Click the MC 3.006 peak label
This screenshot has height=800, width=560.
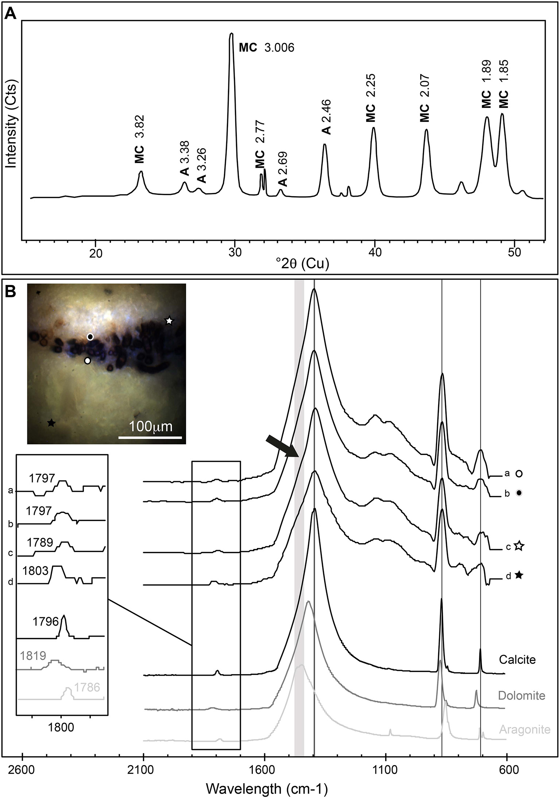click(266, 48)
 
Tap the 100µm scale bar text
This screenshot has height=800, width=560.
click(151, 426)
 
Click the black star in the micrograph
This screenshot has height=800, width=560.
click(51, 423)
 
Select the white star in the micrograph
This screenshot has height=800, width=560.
click(169, 321)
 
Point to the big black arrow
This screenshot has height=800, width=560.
click(282, 446)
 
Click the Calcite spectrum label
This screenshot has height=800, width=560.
click(517, 660)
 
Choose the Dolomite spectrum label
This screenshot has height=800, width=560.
click(522, 695)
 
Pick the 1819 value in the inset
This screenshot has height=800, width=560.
click(33, 656)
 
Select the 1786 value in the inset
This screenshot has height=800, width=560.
click(87, 687)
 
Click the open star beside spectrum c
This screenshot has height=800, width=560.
click(520, 546)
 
